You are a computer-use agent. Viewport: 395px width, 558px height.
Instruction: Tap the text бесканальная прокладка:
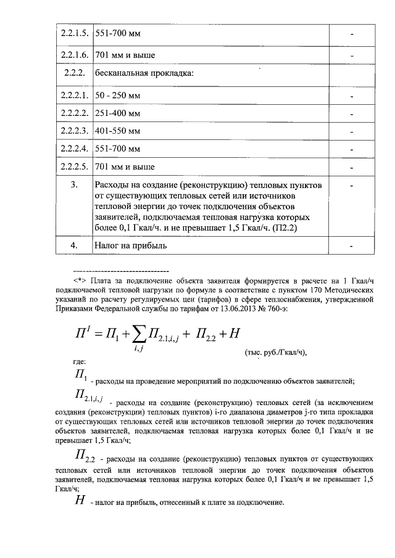144,74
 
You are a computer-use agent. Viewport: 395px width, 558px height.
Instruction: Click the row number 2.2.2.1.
73,96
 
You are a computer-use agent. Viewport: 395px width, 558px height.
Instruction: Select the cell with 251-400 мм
118,113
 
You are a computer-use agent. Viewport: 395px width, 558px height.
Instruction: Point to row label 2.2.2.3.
73,131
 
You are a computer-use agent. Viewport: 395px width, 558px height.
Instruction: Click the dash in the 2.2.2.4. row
351,149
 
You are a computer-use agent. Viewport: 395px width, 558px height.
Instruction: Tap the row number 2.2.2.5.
73,166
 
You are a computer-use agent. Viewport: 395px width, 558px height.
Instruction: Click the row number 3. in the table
73,185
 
